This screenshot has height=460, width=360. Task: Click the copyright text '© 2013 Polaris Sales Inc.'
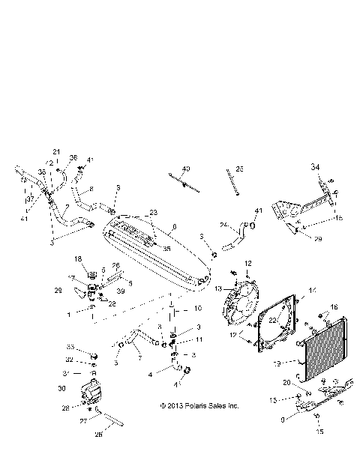coord(199,406)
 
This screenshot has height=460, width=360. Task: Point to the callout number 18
coord(78,258)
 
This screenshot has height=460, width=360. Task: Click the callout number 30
coord(62,388)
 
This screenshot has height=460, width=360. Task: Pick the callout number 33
coord(70,348)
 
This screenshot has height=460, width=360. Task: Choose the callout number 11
coord(199,339)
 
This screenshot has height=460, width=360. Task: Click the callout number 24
coord(223,224)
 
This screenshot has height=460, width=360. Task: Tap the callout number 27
coord(83,423)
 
